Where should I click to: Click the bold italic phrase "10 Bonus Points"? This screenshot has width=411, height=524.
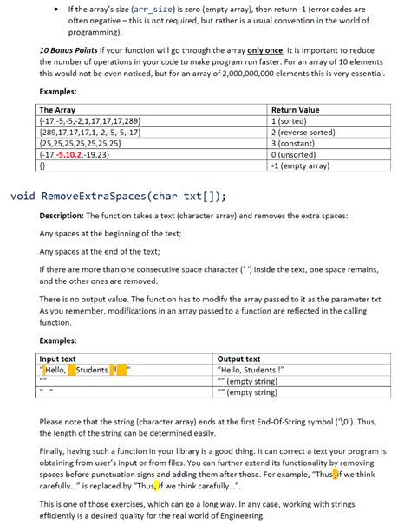click(x=68, y=51)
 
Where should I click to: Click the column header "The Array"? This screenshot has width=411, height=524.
click(x=58, y=110)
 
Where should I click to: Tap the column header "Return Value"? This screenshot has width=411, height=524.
click(x=296, y=110)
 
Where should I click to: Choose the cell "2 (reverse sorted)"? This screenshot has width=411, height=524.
click(x=307, y=132)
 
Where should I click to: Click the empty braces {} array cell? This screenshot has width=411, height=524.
click(x=44, y=164)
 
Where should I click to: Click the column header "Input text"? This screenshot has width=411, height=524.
click(x=58, y=359)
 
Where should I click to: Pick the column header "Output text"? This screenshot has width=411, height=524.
click(x=239, y=359)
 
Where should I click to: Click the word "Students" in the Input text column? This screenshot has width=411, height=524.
click(x=93, y=370)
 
